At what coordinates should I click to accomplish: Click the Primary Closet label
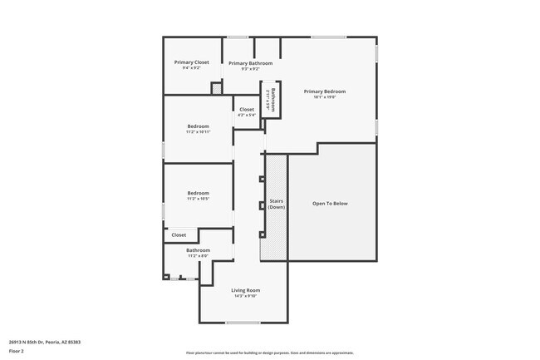(191, 62)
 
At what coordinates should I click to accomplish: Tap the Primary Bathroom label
(250, 63)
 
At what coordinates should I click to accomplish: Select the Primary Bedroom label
(324, 91)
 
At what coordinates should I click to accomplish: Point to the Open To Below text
(330, 204)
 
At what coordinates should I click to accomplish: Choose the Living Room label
(245, 289)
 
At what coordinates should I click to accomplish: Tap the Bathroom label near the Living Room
(198, 250)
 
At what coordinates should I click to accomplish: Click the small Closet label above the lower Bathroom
(179, 235)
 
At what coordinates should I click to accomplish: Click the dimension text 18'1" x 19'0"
(324, 97)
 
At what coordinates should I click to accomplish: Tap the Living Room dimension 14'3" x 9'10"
(245, 295)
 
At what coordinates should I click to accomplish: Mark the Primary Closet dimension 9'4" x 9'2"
(191, 68)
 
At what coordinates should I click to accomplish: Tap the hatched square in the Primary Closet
(217, 86)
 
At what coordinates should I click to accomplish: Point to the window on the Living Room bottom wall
(243, 323)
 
